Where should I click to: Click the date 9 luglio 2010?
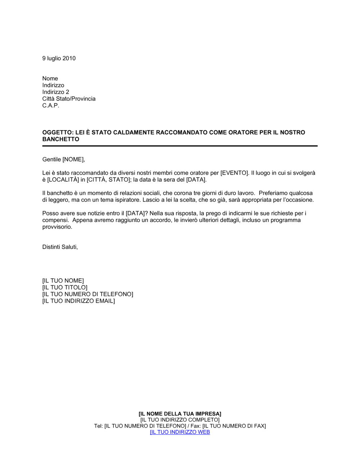tap(59, 58)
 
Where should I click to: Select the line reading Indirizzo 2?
tap(55, 92)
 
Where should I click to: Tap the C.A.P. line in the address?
tap(50, 105)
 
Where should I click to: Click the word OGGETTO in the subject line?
tap(57, 132)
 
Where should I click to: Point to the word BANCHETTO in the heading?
tap(60, 139)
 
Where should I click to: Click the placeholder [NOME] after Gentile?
tap(73, 159)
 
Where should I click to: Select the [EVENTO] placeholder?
tap(234, 173)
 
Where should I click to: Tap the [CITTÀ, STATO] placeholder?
tap(108, 179)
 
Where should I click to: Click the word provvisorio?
tap(57, 227)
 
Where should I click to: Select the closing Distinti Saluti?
tap(60, 247)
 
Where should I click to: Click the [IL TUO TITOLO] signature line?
tap(65, 287)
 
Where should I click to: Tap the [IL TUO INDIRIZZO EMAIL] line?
tap(78, 301)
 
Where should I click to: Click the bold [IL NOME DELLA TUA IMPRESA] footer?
tap(180, 414)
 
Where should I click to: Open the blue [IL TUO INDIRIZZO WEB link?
tap(180, 432)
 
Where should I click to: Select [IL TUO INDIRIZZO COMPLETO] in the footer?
tap(180, 420)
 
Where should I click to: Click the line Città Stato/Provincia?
tap(69, 99)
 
